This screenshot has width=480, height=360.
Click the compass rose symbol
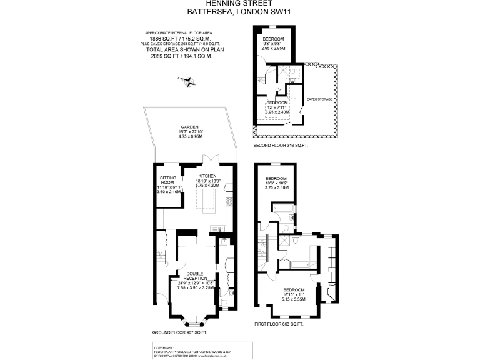(186, 79)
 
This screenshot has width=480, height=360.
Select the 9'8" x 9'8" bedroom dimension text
(274, 43)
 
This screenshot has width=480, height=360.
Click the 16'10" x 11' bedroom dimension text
(293, 295)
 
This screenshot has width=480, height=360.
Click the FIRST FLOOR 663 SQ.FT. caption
(279, 324)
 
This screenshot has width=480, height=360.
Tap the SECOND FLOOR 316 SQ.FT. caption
(281, 145)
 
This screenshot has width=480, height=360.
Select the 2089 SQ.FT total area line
(181, 56)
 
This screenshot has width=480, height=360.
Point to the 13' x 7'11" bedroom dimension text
(276, 107)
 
